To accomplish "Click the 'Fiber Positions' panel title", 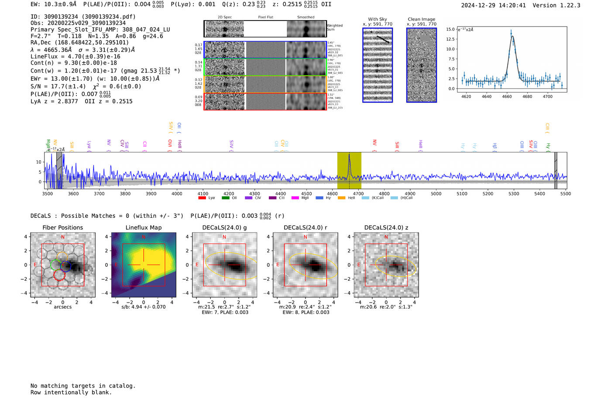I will point(62,227).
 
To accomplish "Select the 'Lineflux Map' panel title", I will point(144,227).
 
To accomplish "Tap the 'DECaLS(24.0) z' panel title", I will point(386,227).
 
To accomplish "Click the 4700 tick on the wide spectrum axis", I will point(358,193).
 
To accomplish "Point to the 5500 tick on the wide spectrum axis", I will point(566,193).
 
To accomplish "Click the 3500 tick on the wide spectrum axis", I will point(47,193).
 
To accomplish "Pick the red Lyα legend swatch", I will point(202,198).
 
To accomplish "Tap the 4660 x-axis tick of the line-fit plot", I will point(507,96).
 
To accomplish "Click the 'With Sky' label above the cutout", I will point(378,19).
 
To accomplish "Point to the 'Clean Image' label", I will point(421,19).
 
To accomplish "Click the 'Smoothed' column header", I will point(305,17).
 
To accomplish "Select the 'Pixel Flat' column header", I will point(265,17).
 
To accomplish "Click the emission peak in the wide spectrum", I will point(349,155).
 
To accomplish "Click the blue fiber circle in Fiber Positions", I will point(65,266).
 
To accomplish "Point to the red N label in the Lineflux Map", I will point(144,237).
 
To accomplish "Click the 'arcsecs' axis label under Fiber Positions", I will point(62,307).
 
